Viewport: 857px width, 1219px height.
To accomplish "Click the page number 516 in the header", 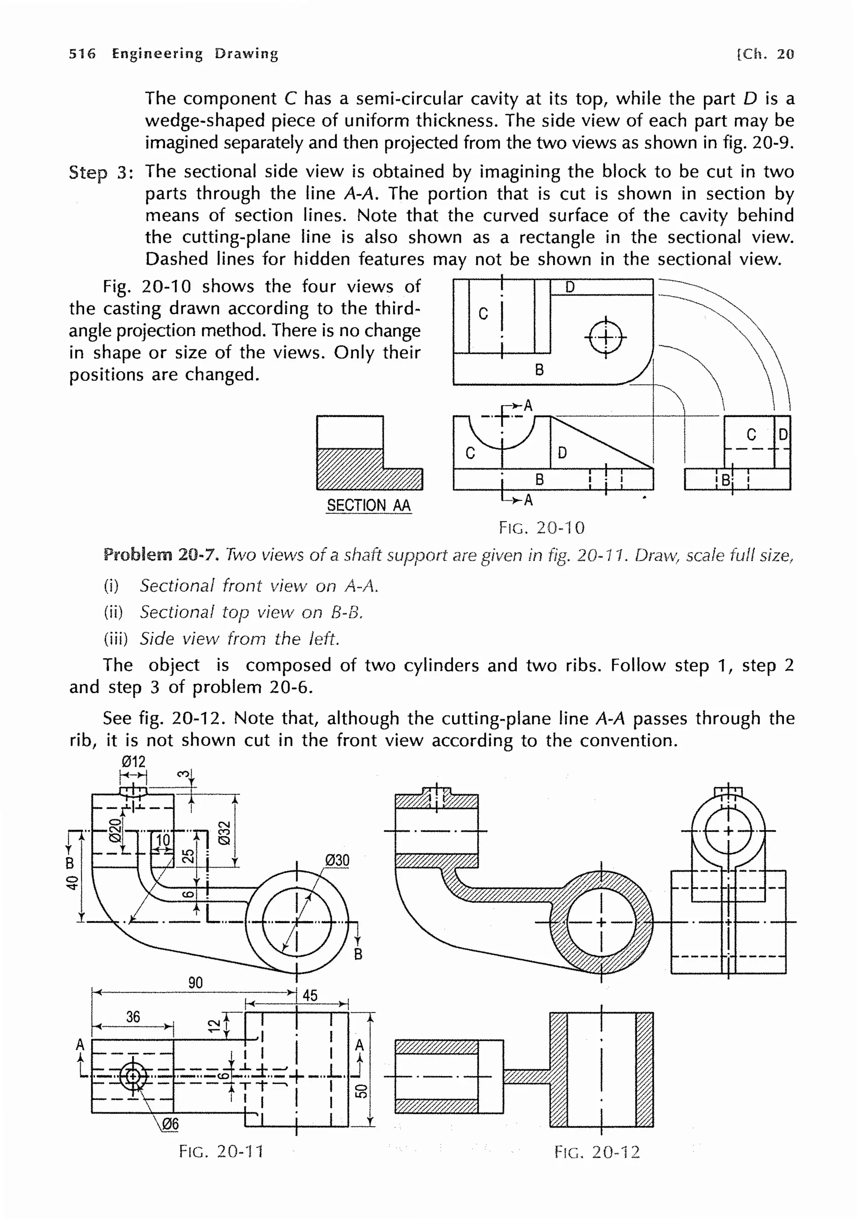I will (x=82, y=54).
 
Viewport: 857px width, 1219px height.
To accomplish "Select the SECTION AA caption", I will (x=369, y=505).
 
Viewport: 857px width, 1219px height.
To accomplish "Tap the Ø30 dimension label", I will (x=337, y=860).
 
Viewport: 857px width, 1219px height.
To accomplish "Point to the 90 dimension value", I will (x=195, y=983).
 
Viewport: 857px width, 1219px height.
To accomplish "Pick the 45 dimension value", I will (x=310, y=995).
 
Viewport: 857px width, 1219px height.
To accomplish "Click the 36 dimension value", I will (x=133, y=1017).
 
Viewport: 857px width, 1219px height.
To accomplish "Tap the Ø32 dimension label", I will (x=225, y=832).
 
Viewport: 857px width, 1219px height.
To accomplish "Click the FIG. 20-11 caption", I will (x=221, y=1152).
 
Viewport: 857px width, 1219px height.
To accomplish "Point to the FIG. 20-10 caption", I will (x=541, y=528).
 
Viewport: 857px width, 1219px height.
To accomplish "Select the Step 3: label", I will (x=101, y=172).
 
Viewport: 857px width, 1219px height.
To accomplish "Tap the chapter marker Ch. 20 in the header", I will (x=765, y=54).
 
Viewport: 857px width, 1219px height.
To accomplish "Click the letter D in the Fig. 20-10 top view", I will (x=570, y=287).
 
